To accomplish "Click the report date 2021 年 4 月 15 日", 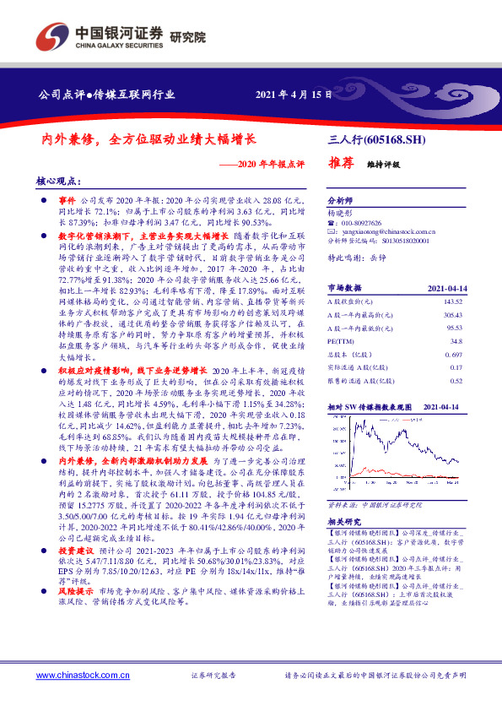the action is tap(294, 95).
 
